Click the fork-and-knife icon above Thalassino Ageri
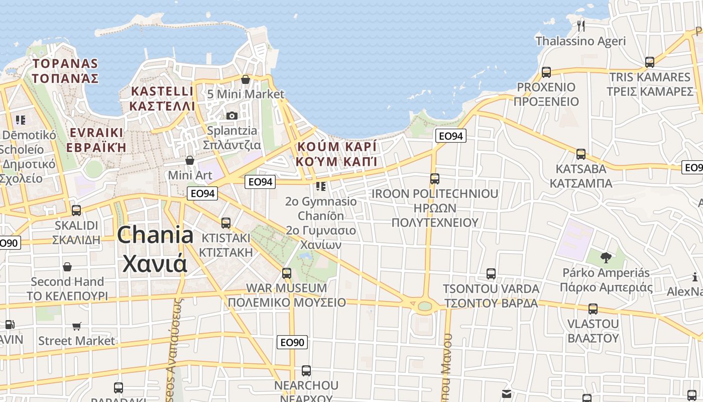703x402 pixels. click(581, 26)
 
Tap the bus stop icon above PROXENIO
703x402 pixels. click(546, 72)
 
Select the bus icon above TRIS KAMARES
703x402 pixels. click(649, 63)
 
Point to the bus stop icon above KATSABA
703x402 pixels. click(581, 154)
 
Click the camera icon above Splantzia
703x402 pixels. click(231, 116)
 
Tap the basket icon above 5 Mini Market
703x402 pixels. click(246, 79)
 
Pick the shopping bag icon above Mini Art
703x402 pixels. click(190, 160)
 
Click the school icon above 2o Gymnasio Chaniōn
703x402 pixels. click(321, 186)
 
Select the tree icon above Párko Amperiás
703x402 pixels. click(606, 258)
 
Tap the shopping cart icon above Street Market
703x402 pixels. click(77, 327)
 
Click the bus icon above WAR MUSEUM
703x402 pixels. click(286, 273)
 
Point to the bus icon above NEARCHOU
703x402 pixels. click(306, 371)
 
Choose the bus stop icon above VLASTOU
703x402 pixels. click(593, 309)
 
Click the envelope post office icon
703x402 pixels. click(506, 393)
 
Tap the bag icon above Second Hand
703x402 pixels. click(67, 267)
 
